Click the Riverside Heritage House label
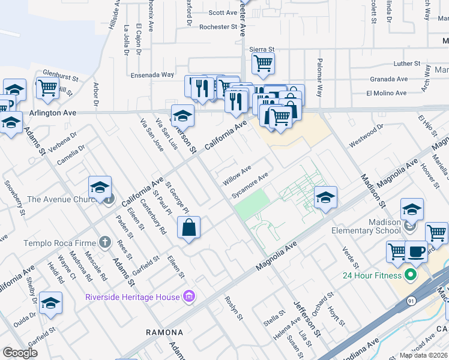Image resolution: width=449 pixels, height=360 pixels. [x=133, y=297]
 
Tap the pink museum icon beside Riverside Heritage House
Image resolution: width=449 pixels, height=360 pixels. [x=188, y=296]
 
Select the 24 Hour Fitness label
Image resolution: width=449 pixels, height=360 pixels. [x=371, y=276]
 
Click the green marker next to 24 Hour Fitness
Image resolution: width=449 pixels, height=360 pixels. [x=411, y=276]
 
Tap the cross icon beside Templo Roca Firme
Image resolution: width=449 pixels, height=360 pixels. [x=105, y=242]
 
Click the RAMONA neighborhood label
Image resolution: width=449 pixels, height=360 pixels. [x=165, y=332]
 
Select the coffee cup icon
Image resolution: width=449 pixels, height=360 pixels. [x=416, y=251]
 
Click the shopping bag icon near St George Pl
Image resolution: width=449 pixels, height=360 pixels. [x=188, y=228]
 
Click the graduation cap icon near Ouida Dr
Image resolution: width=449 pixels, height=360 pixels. [x=51, y=303]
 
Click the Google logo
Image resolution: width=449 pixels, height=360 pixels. [x=20, y=353]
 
